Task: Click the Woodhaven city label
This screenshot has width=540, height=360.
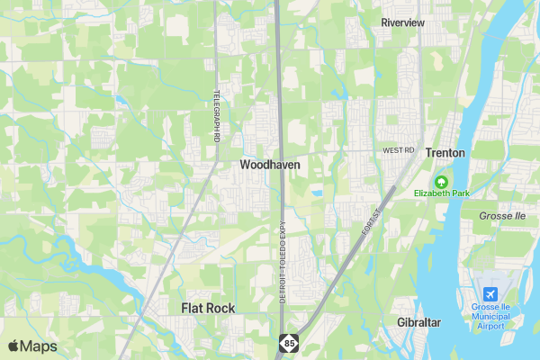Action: pyautogui.click(x=270, y=166)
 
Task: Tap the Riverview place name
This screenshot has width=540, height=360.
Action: pyautogui.click(x=402, y=22)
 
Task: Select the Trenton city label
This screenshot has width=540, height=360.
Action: pyautogui.click(x=445, y=153)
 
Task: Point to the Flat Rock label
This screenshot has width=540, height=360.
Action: pyautogui.click(x=208, y=308)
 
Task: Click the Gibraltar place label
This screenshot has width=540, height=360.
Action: pyautogui.click(x=418, y=322)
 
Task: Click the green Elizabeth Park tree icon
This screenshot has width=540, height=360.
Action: pyautogui.click(x=441, y=180)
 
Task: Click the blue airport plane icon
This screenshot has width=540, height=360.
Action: pyautogui.click(x=490, y=294)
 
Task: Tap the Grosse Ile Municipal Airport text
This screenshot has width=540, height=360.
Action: pyautogui.click(x=490, y=316)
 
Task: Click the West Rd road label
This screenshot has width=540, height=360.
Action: pyautogui.click(x=397, y=150)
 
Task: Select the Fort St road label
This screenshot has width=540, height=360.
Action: pyautogui.click(x=373, y=217)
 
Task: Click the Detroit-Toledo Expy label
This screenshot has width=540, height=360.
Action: pyautogui.click(x=282, y=261)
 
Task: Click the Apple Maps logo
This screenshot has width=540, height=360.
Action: pyautogui.click(x=32, y=346)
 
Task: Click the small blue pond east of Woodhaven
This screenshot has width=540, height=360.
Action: pyautogui.click(x=316, y=193)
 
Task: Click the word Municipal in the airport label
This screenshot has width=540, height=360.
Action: pyautogui.click(x=490, y=316)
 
